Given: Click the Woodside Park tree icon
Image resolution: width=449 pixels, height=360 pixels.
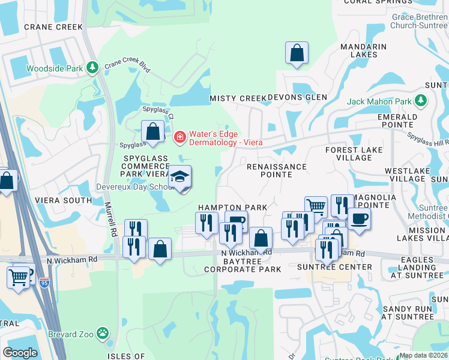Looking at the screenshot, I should pos(92,67).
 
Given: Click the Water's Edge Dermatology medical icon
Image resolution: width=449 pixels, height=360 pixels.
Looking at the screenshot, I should pos(179,137).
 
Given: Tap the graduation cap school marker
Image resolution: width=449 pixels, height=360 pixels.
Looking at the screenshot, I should pos(179,177).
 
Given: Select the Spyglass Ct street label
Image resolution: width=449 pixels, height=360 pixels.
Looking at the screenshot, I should pos(158,111).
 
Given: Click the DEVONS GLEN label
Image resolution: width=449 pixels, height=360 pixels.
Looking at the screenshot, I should pos(297,97).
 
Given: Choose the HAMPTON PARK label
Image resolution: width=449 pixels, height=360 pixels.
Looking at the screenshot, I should pos(232,207).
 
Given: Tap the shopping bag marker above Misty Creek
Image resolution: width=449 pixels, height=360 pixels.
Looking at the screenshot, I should pos(297,53).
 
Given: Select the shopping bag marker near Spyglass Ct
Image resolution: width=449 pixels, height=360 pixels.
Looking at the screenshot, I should pos(152,131).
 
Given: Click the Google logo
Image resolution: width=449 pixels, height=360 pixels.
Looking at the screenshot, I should pos(20,352).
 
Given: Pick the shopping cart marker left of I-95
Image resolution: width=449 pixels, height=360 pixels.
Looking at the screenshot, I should pos(19,277).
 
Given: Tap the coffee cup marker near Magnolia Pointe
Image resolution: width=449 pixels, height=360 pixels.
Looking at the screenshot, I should pos(358,219).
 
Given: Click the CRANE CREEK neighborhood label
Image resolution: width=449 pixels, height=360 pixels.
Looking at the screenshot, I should pos(44,27).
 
